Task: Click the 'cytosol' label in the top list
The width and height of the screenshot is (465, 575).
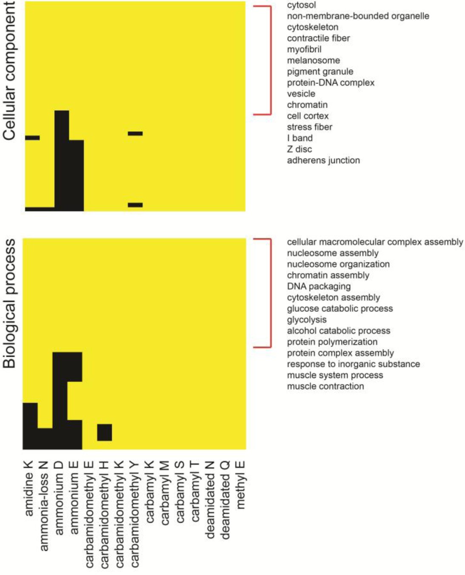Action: pyautogui.click(x=301, y=5)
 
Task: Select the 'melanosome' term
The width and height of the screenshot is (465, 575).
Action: pyautogui.click(x=313, y=60)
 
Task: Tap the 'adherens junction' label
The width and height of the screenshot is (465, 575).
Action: pyautogui.click(x=323, y=160)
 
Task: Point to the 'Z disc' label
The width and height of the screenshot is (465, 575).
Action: pyautogui.click(x=299, y=149)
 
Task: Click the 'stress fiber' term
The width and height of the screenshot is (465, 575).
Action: pyautogui.click(x=309, y=127)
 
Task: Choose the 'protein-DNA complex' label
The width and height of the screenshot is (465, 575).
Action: pyautogui.click(x=331, y=83)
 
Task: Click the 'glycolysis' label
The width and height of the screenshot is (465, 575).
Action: pyautogui.click(x=307, y=320)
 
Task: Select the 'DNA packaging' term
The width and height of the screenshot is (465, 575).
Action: pyautogui.click(x=319, y=286)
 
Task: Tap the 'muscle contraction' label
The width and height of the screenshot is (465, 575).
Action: pyautogui.click(x=325, y=386)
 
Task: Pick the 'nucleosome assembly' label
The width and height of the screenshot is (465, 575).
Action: pyautogui.click(x=332, y=253)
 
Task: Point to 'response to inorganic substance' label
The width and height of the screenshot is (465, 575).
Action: pyautogui.click(x=353, y=364)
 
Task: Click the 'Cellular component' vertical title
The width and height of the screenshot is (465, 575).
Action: pyautogui.click(x=9, y=71)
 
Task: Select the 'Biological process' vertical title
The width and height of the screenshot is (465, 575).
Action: pyautogui.click(x=9, y=303)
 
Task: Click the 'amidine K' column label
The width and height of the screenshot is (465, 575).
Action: pyautogui.click(x=29, y=488)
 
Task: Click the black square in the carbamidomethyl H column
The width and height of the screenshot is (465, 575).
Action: pyautogui.click(x=105, y=432)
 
